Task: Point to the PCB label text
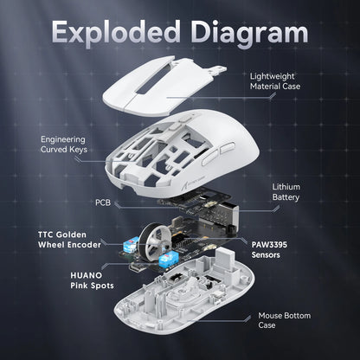(102, 202)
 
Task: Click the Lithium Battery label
(286, 191)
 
